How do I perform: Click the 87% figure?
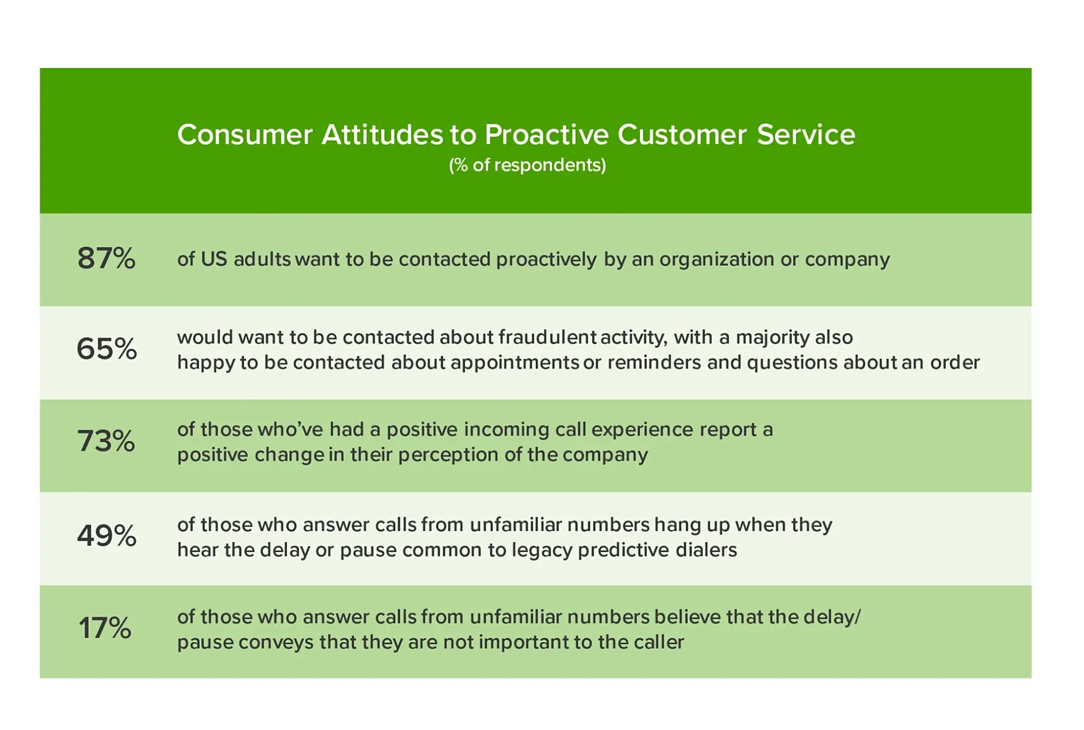point(106,259)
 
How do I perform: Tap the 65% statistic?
point(107,348)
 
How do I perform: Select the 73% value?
point(106,441)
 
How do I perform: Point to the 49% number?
point(107,535)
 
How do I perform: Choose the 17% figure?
point(105,628)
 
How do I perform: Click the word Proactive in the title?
point(547,135)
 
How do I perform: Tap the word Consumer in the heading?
point(244,135)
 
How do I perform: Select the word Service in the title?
point(806,135)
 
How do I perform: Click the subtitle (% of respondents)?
point(527,165)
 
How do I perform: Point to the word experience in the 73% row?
point(642,430)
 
